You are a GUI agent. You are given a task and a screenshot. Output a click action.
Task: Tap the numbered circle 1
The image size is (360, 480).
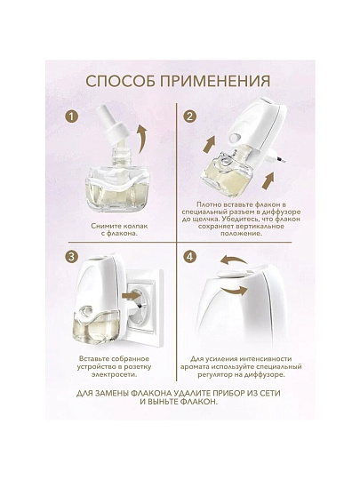(72, 116)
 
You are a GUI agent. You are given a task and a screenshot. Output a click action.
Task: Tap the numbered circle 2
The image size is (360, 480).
(190, 116)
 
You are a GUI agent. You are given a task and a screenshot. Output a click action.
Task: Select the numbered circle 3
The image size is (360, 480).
(72, 257)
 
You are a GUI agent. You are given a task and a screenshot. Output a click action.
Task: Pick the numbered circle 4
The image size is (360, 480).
(190, 257)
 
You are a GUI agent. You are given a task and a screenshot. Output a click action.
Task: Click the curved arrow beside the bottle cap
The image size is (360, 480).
(141, 140)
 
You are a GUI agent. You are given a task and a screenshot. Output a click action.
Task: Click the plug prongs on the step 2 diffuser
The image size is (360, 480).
(278, 160)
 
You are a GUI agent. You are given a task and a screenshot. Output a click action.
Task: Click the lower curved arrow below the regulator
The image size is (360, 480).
(235, 290)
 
